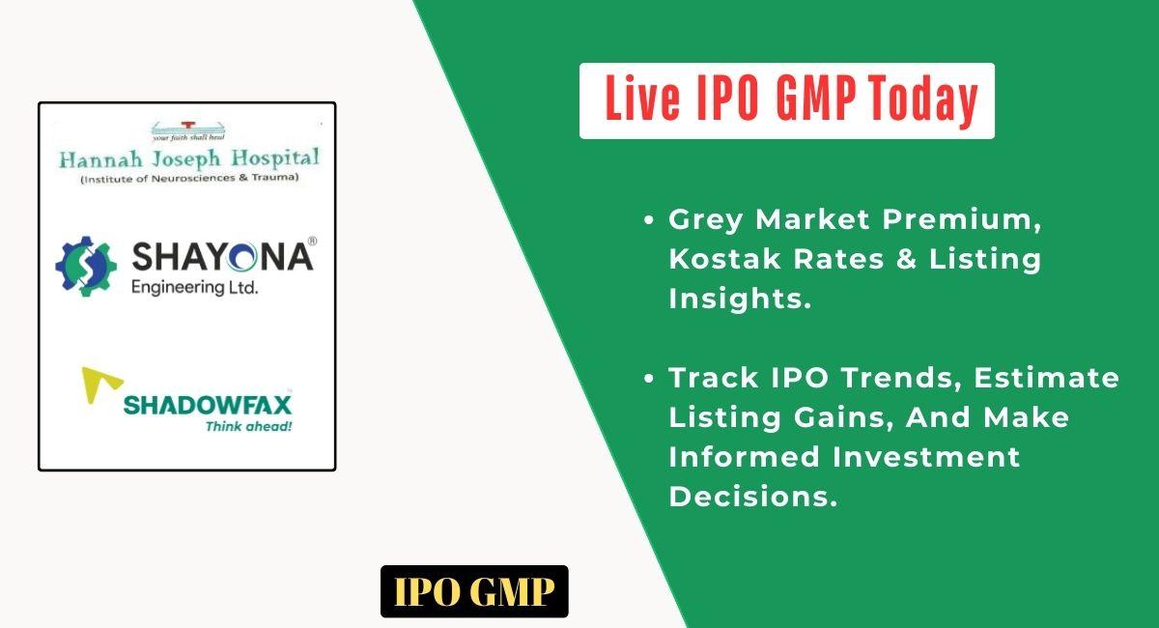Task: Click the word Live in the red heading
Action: (x=642, y=99)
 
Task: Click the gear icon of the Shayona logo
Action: (x=86, y=266)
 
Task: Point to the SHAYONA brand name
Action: (x=222, y=256)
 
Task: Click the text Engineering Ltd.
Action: (x=194, y=288)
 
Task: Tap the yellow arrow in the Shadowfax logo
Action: (x=100, y=385)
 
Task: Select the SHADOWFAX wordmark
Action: (x=208, y=405)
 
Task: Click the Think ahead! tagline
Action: (x=249, y=426)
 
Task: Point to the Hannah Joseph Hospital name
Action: (x=189, y=158)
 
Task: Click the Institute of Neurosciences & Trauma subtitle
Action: (x=189, y=178)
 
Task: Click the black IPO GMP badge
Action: (x=474, y=591)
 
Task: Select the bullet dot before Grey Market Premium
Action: (x=649, y=219)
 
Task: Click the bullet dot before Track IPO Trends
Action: (x=649, y=378)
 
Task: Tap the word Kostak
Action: (x=724, y=258)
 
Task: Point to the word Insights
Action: (x=740, y=299)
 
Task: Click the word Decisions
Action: (x=752, y=497)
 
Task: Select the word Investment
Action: (x=926, y=457)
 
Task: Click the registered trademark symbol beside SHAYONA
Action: (x=313, y=242)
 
